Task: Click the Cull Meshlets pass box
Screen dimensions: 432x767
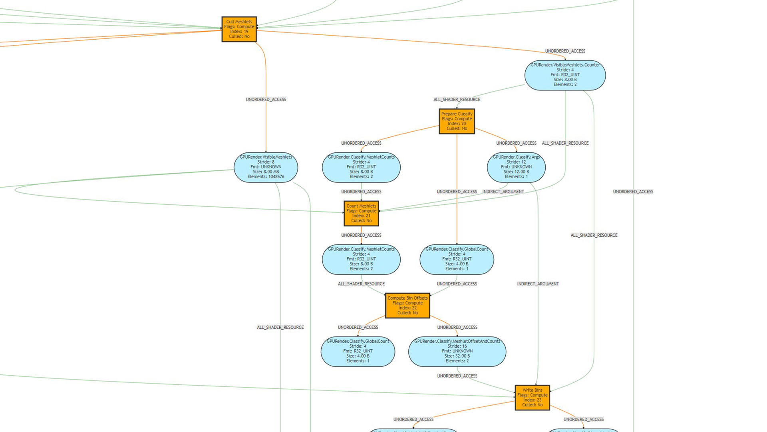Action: pos(239,29)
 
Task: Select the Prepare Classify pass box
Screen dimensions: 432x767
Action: pos(457,121)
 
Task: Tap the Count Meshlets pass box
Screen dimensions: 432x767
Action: pos(361,213)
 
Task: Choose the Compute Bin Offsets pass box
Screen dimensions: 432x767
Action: pos(407,306)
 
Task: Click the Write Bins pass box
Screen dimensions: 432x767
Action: pos(532,398)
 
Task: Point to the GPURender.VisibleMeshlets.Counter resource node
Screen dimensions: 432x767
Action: pos(565,75)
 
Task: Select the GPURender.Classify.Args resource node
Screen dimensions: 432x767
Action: pos(516,167)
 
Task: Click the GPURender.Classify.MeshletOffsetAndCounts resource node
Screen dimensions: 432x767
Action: pos(457,352)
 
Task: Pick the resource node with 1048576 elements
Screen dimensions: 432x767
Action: pos(266,167)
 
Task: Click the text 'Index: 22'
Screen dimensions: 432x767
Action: pos(407,308)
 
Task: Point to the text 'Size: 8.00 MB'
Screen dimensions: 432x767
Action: pos(266,172)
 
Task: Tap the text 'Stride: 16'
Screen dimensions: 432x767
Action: pos(457,346)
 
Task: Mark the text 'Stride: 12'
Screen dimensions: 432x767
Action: pos(516,162)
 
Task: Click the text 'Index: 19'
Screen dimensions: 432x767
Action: pos(239,32)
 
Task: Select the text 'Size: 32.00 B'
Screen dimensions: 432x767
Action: pos(457,356)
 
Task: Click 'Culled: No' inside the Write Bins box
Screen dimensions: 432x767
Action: pos(532,405)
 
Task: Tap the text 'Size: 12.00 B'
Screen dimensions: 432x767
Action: pos(516,172)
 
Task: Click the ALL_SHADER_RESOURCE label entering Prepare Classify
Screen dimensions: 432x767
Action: pos(457,100)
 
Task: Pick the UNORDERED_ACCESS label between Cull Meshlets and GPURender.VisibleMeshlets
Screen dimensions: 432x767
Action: pos(266,100)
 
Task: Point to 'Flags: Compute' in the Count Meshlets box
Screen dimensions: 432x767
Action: pos(361,211)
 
